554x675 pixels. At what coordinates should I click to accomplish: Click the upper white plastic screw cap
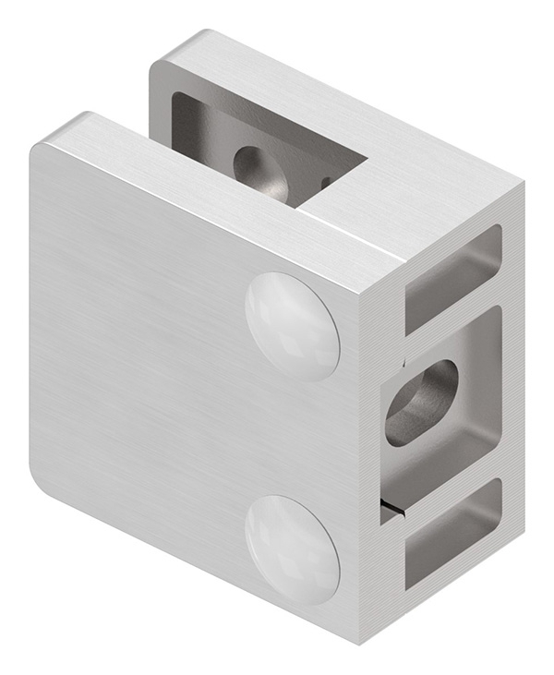tap(292, 326)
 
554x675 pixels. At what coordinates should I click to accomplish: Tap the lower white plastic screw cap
tap(292, 549)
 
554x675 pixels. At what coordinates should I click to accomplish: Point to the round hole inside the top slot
tap(258, 168)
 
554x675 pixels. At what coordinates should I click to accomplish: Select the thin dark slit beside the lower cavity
tap(393, 505)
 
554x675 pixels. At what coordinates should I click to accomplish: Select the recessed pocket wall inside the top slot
tap(212, 139)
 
